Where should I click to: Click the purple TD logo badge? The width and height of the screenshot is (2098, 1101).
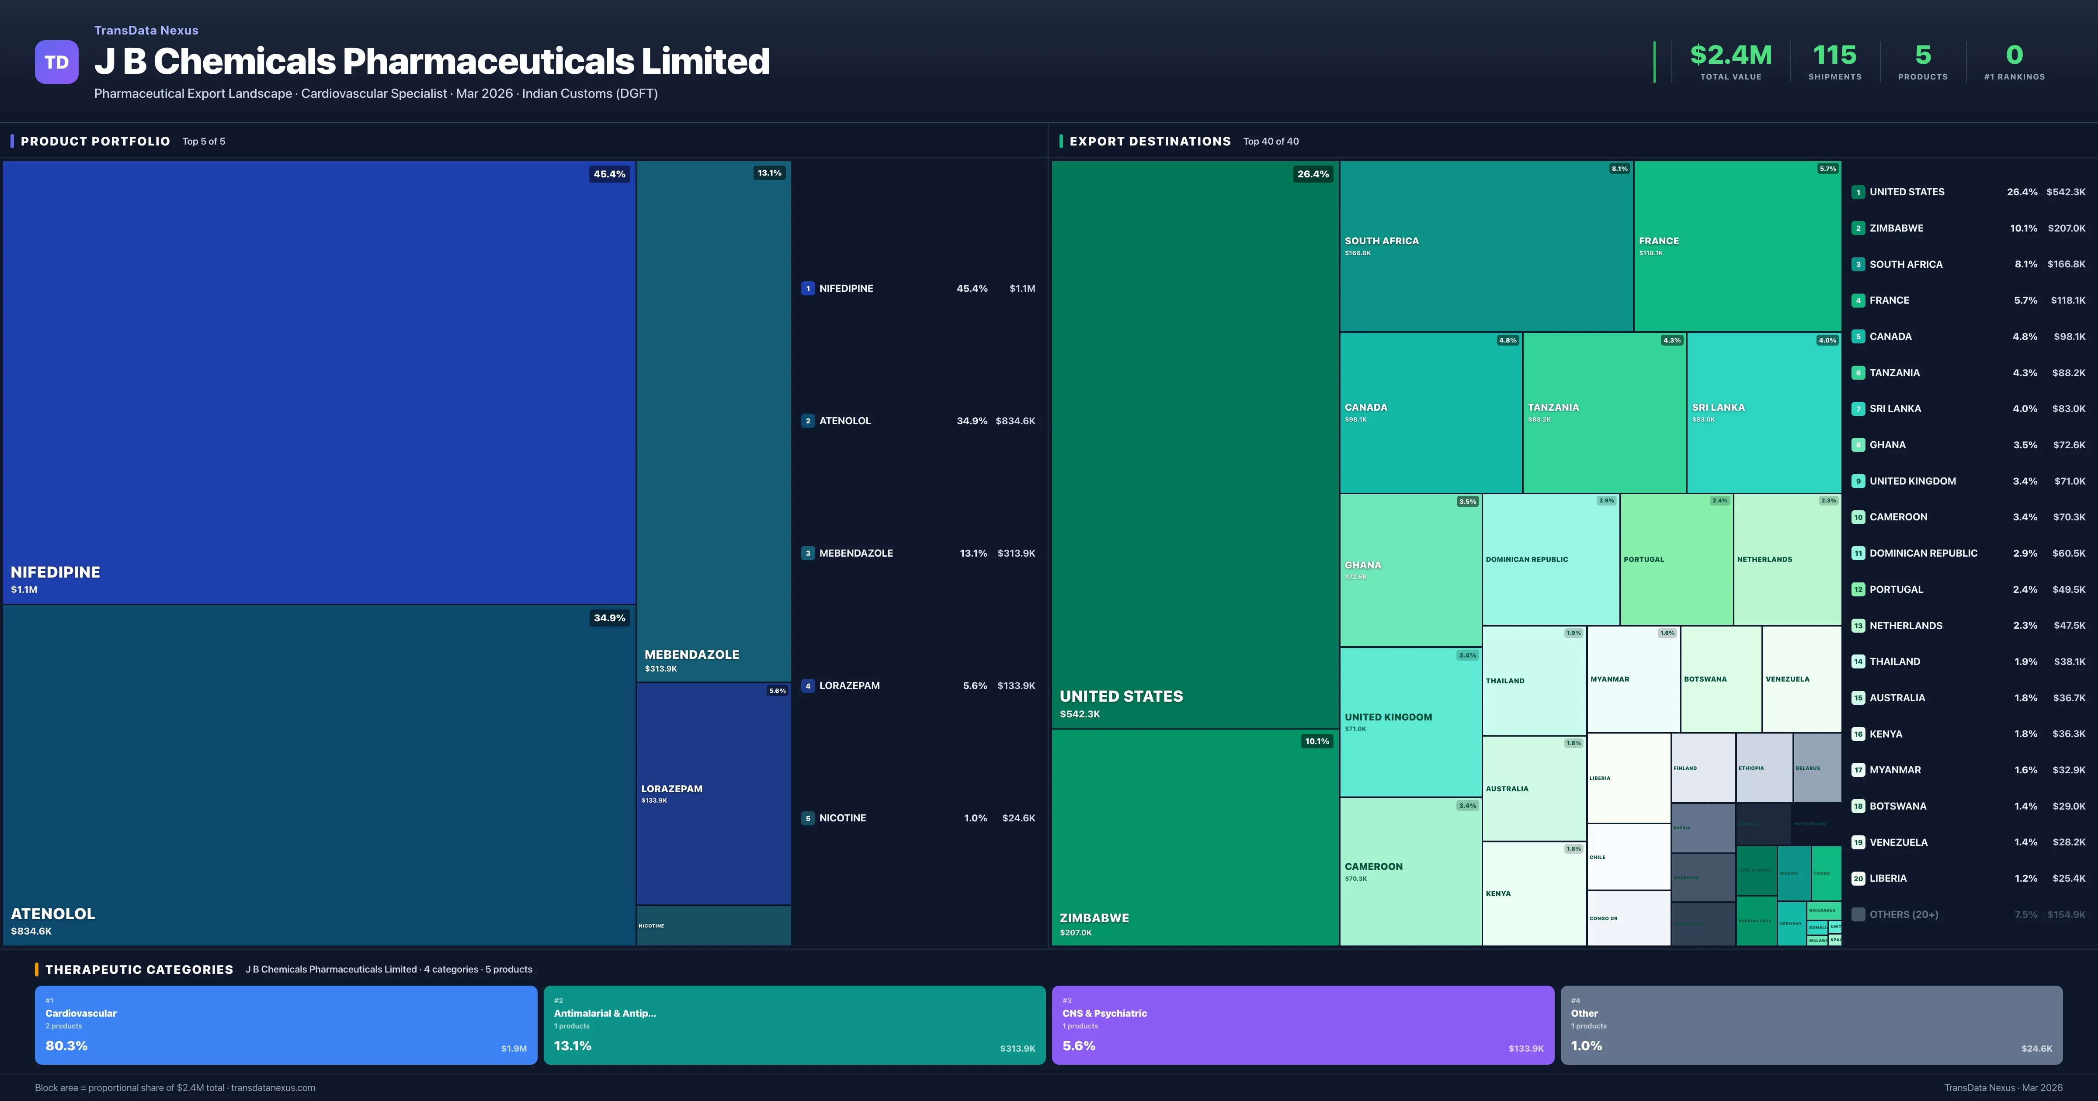(56, 62)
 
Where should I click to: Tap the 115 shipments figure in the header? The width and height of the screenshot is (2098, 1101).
(1834, 55)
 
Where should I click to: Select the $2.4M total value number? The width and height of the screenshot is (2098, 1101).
(1731, 55)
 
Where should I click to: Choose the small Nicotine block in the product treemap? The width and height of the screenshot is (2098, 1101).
(713, 926)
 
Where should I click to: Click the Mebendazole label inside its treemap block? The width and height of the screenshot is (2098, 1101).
(691, 655)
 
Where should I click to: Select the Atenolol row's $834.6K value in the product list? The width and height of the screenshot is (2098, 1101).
(1015, 421)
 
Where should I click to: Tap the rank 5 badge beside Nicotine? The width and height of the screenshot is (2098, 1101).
(808, 818)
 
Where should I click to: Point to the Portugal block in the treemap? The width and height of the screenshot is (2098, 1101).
(1676, 560)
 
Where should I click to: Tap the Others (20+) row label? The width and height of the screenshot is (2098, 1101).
(1903, 914)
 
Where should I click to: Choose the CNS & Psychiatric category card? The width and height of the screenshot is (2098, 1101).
(1303, 1025)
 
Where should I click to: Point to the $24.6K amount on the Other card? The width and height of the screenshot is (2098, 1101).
(2036, 1049)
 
